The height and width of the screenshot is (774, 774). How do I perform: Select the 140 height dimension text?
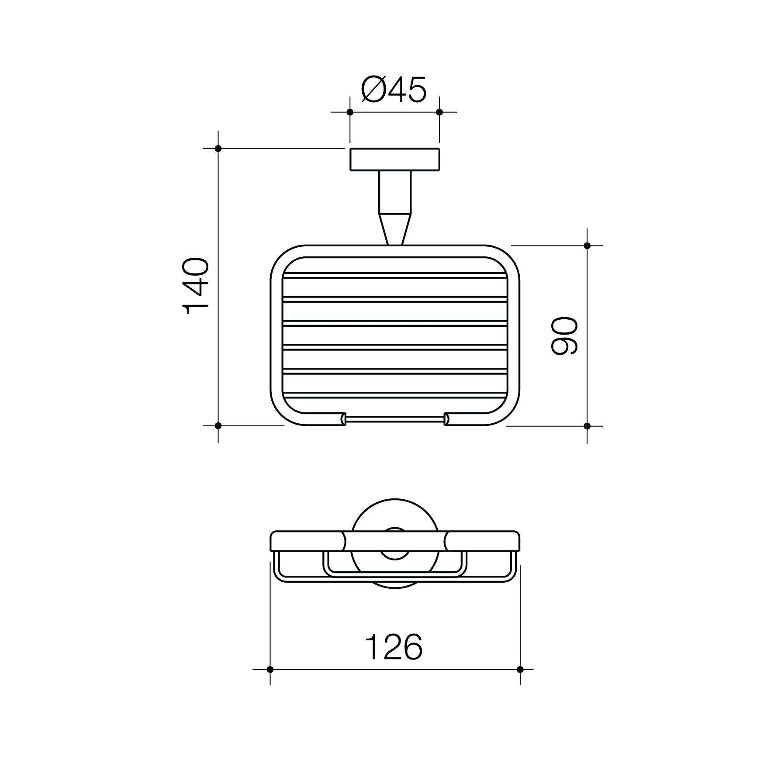point(195,286)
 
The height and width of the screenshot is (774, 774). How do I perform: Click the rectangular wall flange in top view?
point(394,159)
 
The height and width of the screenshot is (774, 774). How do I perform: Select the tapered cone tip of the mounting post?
point(395,229)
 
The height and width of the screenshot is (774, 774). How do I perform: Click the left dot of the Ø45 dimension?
point(349,112)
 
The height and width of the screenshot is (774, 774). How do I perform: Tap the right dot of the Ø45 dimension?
point(439,112)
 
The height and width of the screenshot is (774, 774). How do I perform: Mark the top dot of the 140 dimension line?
point(218,149)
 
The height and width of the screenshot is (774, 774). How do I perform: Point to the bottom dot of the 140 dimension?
point(218,425)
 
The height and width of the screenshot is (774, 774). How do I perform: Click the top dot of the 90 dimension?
point(587,245)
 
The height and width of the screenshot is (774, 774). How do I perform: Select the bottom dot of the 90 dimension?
point(587,425)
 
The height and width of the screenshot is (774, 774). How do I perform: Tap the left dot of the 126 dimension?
point(270,681)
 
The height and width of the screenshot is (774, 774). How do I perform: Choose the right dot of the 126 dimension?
point(520,681)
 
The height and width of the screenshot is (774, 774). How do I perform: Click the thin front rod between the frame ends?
point(395,420)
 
